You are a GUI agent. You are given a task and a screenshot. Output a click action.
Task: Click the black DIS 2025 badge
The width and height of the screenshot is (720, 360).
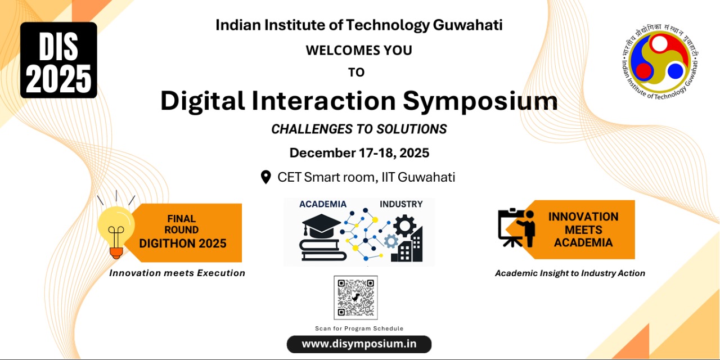tap(58, 60)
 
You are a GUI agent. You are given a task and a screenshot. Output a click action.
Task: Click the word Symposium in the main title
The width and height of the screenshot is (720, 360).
tap(480, 102)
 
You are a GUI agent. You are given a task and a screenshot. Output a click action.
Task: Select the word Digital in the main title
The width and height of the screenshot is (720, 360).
tap(202, 102)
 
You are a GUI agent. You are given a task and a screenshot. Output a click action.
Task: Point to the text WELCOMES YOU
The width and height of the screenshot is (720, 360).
tap(359, 51)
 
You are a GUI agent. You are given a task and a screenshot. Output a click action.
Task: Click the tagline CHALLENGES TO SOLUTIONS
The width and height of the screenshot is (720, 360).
tap(359, 129)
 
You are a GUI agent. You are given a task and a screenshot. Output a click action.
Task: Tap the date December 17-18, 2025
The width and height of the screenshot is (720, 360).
tap(359, 153)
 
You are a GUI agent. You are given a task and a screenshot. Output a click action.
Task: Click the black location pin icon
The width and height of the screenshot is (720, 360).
tap(266, 177)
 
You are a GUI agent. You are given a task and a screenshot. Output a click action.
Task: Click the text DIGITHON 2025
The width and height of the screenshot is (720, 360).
tap(183, 244)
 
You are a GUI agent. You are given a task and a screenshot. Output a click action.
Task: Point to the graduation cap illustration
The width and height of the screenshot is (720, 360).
tap(321, 226)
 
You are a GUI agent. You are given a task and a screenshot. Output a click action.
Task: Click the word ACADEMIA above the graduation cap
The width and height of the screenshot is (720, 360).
tap(323, 204)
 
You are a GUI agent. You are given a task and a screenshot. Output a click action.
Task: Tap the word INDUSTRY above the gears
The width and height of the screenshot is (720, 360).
tap(401, 204)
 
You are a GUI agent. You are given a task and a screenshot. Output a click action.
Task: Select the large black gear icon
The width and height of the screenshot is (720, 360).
tap(404, 226)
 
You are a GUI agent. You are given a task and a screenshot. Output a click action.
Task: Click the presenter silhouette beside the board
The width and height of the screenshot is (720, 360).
tap(528, 228)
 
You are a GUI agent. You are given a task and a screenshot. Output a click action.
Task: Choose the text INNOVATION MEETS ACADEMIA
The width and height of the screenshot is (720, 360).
tap(583, 229)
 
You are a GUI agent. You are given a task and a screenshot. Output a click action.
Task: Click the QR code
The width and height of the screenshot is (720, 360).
tap(355, 298)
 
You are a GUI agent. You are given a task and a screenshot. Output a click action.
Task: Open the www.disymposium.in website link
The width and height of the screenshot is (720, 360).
tap(359, 344)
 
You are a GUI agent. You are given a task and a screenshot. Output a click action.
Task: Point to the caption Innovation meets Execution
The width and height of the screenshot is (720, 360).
tap(177, 273)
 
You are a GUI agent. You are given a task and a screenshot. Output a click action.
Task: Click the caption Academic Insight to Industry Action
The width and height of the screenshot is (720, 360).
tap(570, 273)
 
